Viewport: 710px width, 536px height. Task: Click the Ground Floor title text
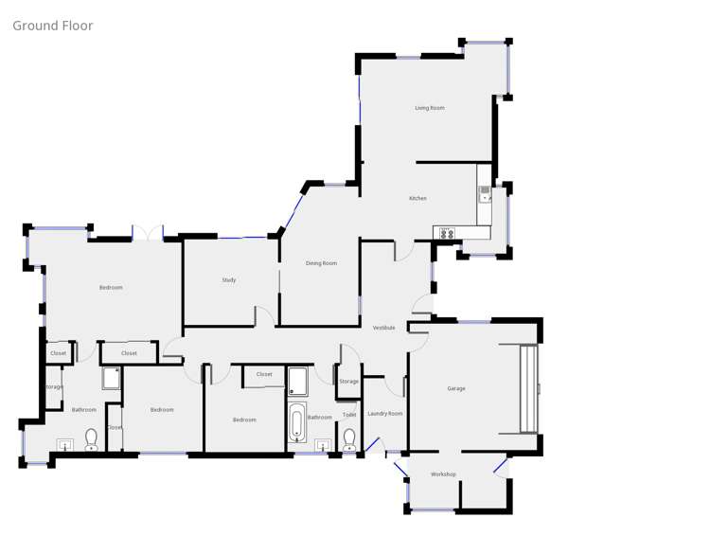click(x=53, y=26)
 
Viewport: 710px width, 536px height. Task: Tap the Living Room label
click(x=429, y=108)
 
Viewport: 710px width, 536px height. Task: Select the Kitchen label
click(x=417, y=198)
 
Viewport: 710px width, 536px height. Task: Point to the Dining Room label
click(x=321, y=263)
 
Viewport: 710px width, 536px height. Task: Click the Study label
click(x=228, y=280)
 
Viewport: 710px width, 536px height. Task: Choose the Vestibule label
click(x=383, y=328)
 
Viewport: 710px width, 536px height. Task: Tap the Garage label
click(x=455, y=388)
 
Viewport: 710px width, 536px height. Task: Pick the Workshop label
click(x=443, y=474)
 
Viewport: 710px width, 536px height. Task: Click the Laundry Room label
click(x=385, y=414)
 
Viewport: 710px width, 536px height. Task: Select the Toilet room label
click(x=349, y=415)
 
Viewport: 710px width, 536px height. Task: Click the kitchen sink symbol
click(x=485, y=194)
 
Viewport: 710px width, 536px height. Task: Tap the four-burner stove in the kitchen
click(x=446, y=233)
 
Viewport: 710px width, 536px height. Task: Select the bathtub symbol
click(x=295, y=423)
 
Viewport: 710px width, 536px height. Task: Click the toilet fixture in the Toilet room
click(x=349, y=439)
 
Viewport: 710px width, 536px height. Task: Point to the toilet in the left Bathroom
click(x=91, y=439)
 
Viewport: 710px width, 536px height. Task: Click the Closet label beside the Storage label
click(x=59, y=353)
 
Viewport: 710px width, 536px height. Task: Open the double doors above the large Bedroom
click(x=148, y=233)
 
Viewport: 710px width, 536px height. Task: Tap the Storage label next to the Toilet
click(x=348, y=382)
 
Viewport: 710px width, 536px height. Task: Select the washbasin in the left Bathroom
click(x=66, y=443)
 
